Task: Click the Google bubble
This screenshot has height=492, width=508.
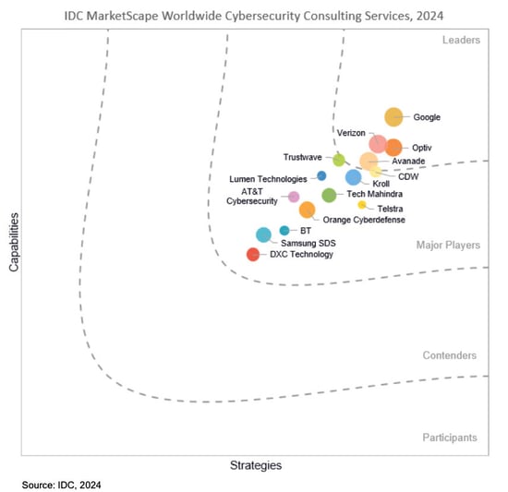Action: [x=393, y=117]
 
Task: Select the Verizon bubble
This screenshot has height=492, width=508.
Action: [x=378, y=143]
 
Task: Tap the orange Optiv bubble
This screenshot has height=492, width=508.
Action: [x=393, y=148]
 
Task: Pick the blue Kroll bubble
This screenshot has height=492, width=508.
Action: [x=353, y=177]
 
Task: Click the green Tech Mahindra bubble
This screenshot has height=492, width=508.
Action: [x=329, y=195]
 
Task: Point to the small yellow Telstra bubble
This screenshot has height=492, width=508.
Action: [x=362, y=205]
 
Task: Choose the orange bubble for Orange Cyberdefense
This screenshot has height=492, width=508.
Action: [x=307, y=210]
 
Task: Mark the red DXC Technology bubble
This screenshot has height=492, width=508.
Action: [x=253, y=255]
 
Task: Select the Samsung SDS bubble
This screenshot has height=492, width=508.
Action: [x=263, y=234]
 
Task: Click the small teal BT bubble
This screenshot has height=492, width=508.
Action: [x=284, y=230]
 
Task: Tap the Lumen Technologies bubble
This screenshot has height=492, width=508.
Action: [x=321, y=175]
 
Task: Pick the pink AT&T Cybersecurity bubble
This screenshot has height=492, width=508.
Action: [x=294, y=197]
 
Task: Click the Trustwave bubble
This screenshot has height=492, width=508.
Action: [x=339, y=160]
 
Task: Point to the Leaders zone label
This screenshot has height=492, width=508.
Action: [x=460, y=40]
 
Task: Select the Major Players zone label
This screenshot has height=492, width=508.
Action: [x=448, y=246]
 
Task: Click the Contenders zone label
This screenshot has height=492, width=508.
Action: [x=450, y=355]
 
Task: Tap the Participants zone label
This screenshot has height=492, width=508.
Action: [x=450, y=437]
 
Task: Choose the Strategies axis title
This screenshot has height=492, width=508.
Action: [x=256, y=465]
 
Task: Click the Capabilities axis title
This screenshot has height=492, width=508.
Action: [x=13, y=242]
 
